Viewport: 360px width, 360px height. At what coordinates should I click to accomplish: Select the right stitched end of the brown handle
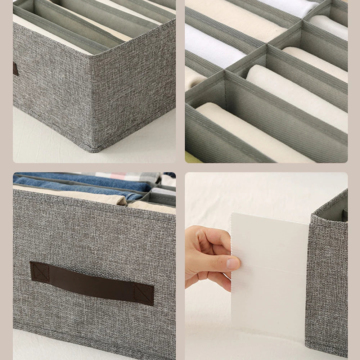[x=144, y=293]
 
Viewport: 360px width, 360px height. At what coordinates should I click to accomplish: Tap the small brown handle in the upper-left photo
[x=15, y=68]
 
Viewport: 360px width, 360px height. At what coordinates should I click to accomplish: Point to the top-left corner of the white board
[x=233, y=214]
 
